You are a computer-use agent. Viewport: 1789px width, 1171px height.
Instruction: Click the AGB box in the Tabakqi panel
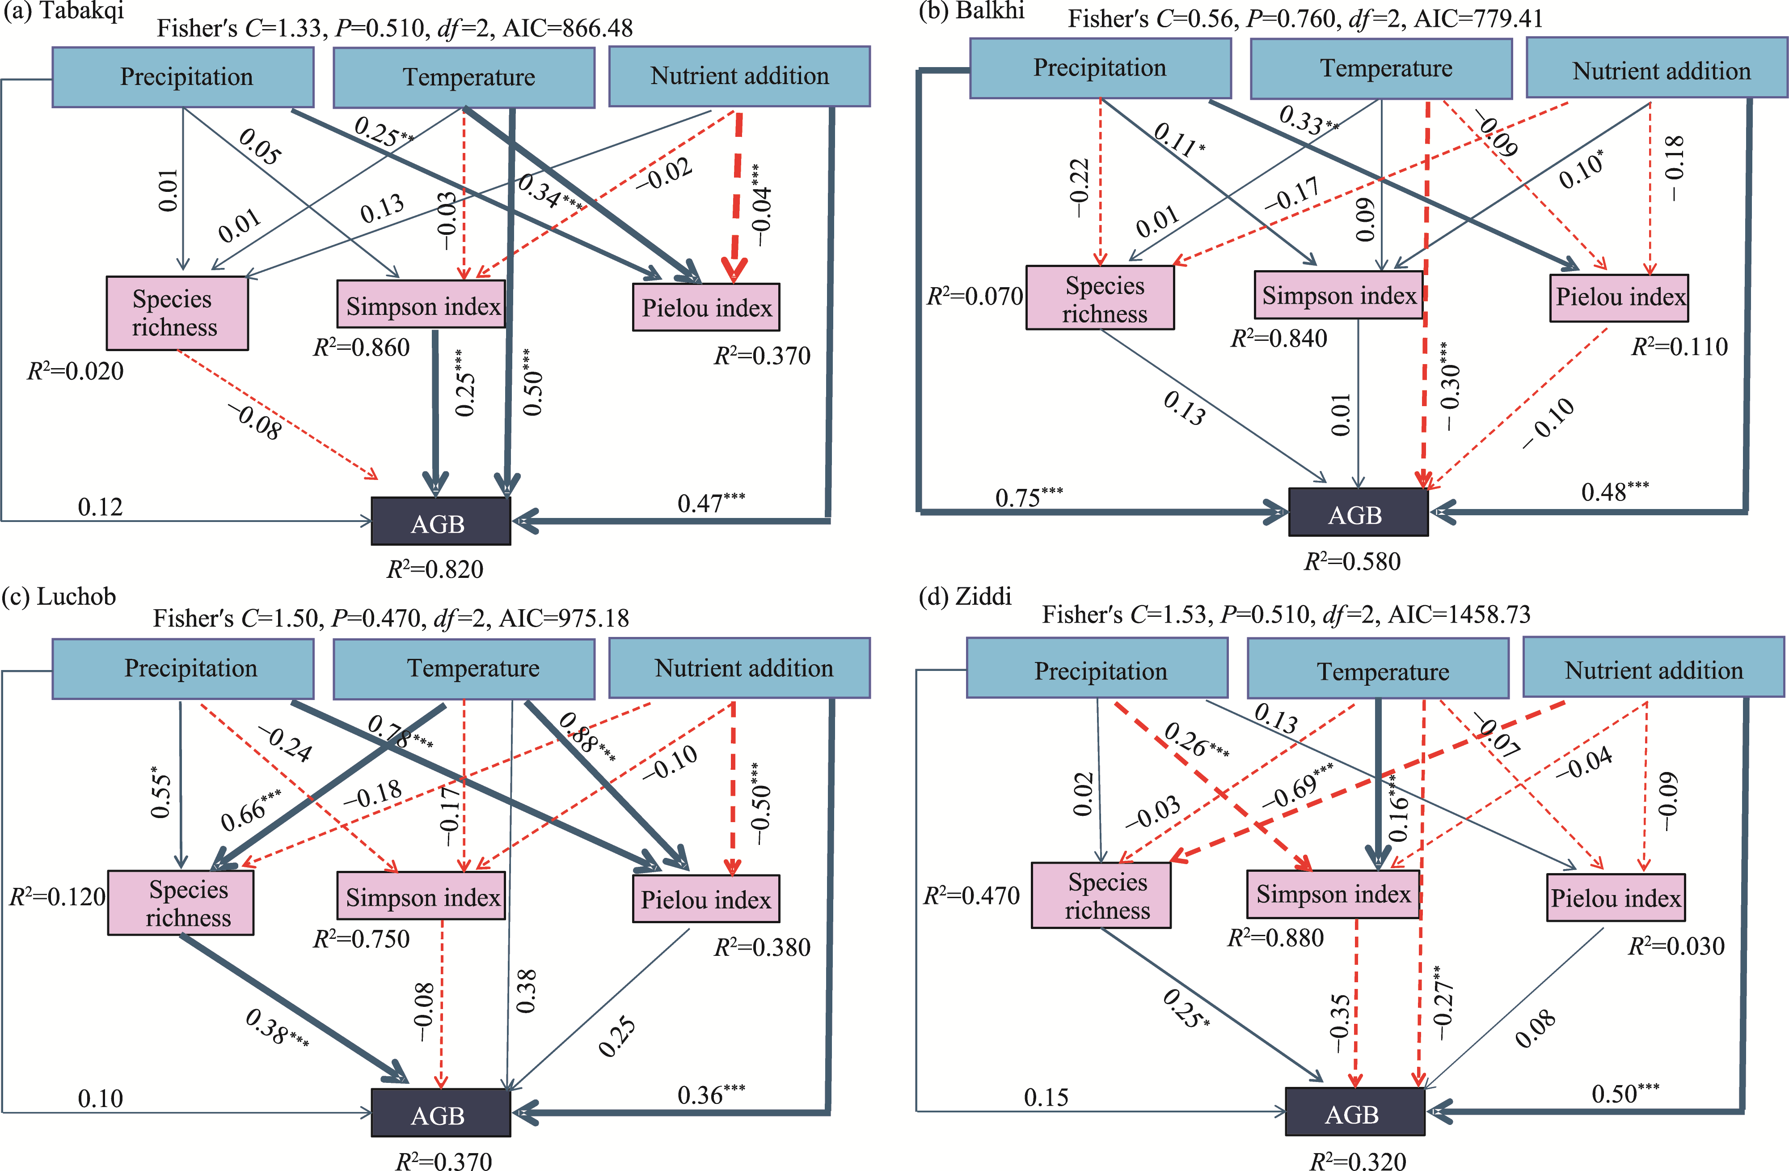(440, 521)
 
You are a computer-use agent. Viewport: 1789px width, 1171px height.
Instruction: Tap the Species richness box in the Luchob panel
(181, 903)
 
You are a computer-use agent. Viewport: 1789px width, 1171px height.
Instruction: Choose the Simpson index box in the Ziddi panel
(1333, 894)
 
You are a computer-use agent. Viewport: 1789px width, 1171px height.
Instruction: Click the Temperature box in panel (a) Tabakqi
(464, 77)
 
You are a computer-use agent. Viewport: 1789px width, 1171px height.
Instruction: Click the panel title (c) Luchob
(59, 596)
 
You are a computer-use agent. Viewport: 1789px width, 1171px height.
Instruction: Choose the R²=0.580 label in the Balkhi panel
(1352, 561)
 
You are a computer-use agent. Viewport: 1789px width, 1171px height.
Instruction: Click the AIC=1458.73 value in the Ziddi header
(1459, 615)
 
